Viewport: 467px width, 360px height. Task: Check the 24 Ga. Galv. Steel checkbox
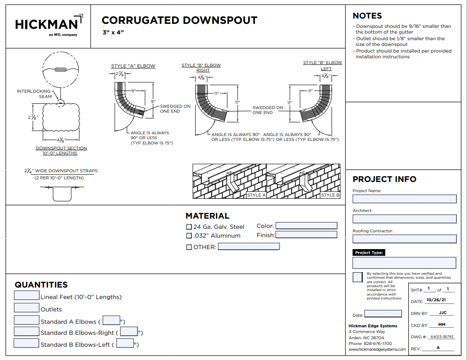(x=189, y=227)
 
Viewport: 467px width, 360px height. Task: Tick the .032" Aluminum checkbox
(x=189, y=236)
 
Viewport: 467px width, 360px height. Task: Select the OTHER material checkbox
(x=189, y=247)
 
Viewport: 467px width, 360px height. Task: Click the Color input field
(x=306, y=226)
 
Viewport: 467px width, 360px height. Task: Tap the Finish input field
(x=306, y=235)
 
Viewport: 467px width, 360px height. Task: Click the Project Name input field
(x=404, y=199)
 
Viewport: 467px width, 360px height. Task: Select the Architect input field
(x=404, y=219)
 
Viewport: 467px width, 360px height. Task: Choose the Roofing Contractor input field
(x=404, y=239)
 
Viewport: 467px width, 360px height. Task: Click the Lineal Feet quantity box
(x=27, y=296)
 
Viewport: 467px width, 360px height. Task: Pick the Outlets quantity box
(x=27, y=307)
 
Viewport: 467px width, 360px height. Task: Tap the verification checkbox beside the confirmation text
(x=358, y=277)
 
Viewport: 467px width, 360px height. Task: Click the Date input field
(x=383, y=314)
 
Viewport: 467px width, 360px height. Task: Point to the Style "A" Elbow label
(x=133, y=66)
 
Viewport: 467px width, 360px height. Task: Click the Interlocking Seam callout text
(x=34, y=94)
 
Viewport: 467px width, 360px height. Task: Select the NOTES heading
(x=367, y=16)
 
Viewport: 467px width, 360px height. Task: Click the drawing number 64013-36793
(x=438, y=337)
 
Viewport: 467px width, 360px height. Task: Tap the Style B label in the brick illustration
(x=330, y=195)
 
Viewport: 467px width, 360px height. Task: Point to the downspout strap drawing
(x=62, y=192)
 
